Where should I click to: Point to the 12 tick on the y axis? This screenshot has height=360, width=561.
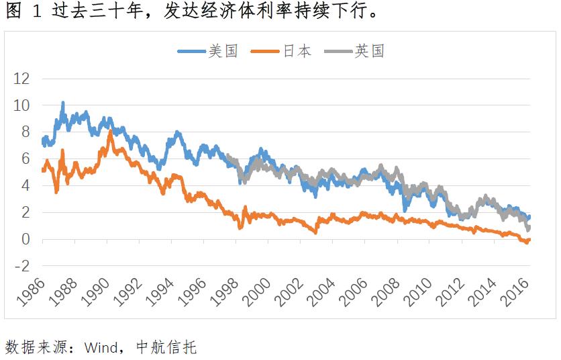point(22,79)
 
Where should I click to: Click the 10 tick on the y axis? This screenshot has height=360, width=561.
point(22,105)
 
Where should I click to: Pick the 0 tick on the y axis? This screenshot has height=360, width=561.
point(26,239)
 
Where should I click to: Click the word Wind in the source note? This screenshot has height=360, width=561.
point(101,347)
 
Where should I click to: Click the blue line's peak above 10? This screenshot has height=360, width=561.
point(62,103)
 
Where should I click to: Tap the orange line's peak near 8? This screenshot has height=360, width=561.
point(110,132)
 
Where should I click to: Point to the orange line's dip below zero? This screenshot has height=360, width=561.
point(526,242)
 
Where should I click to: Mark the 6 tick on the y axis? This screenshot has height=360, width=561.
point(26,159)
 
